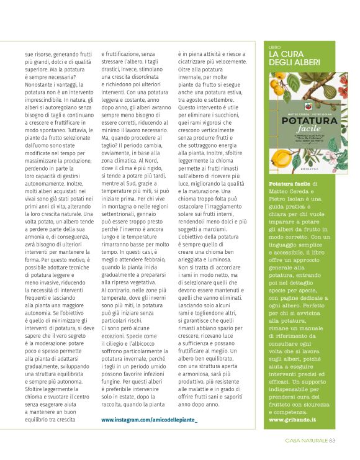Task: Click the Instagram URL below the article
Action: [149, 420]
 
